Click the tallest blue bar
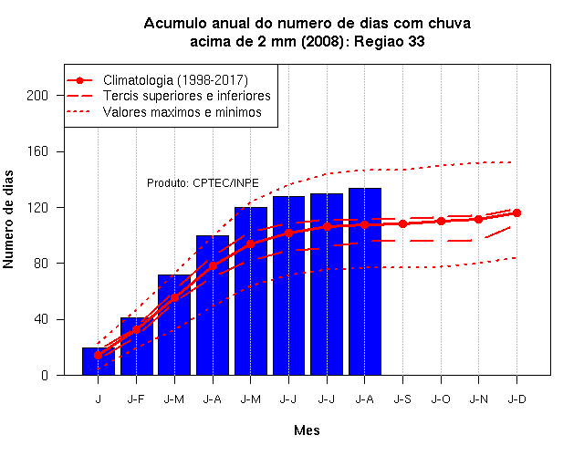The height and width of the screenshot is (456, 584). tap(365, 282)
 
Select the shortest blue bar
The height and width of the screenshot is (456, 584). tap(99, 361)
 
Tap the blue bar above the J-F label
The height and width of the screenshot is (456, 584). tap(137, 347)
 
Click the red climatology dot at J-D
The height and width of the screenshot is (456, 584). tap(516, 212)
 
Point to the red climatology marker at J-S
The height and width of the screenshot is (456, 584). tap(402, 223)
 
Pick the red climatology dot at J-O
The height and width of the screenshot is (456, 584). tap(441, 221)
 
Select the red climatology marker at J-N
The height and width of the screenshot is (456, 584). tap(478, 219)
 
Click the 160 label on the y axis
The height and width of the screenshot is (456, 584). tap(37, 151)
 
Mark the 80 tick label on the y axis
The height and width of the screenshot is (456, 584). tap(41, 264)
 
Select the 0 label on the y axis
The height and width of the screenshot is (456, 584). tap(45, 375)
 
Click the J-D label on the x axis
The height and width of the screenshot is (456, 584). tap(517, 399)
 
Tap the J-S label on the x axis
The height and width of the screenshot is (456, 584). tap(402, 399)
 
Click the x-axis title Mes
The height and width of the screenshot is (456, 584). tap(307, 430)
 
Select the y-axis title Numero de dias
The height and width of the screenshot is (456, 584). tap(8, 219)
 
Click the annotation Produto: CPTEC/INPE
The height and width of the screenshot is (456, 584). tap(203, 183)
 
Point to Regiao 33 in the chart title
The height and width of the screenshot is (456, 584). tap(390, 41)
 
